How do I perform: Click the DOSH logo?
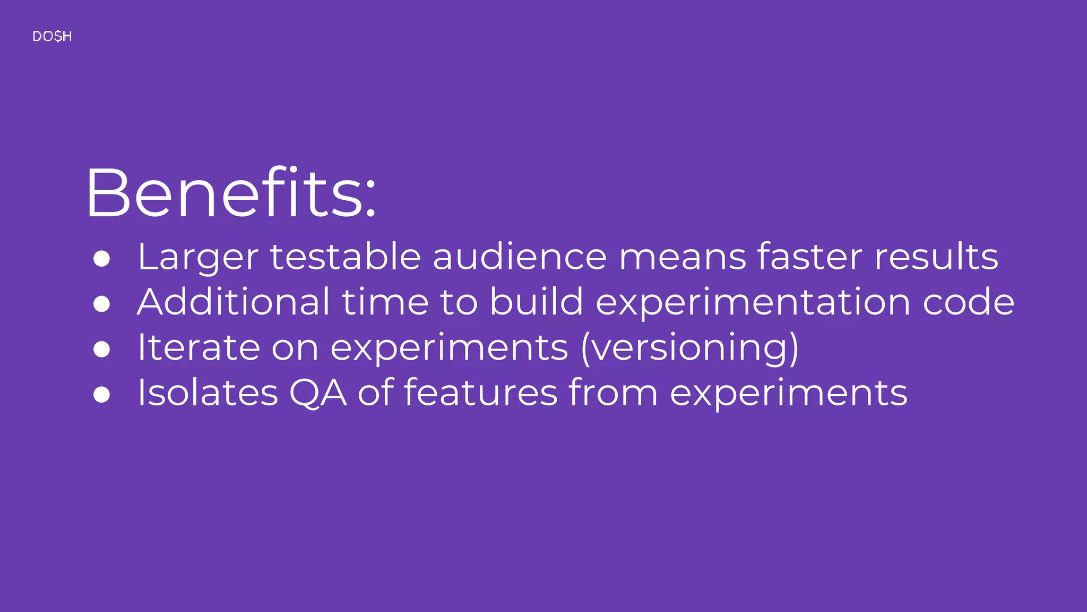click(52, 36)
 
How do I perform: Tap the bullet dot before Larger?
click(101, 259)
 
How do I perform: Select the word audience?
click(520, 257)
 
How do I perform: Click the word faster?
click(809, 257)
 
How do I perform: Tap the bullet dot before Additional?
click(101, 304)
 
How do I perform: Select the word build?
click(536, 302)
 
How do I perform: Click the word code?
click(969, 302)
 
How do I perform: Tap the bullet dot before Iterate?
click(101, 349)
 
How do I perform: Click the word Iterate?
click(199, 347)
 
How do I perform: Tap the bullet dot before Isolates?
click(101, 395)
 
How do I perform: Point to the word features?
click(481, 393)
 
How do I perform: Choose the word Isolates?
click(208, 393)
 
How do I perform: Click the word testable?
click(346, 257)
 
